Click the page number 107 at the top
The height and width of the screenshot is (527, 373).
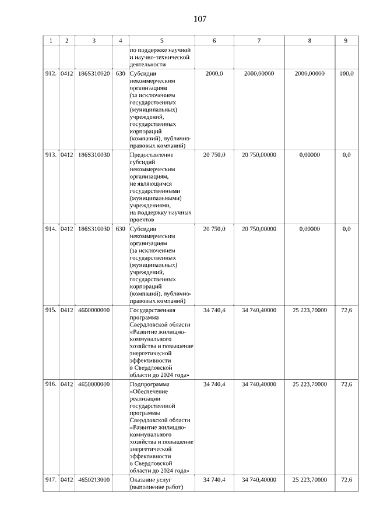tap(199, 19)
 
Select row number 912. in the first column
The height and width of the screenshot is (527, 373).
tap(51, 74)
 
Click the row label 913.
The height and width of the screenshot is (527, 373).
tap(51, 155)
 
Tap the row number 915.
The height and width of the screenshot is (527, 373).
tap(51, 310)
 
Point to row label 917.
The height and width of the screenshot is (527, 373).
tap(51, 480)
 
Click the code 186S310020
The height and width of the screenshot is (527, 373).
tap(93, 74)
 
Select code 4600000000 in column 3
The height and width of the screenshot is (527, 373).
tap(93, 310)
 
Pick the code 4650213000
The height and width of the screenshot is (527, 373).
tap(93, 480)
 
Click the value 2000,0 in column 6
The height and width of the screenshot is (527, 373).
tap(214, 74)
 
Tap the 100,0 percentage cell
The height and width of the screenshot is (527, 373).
tap(346, 74)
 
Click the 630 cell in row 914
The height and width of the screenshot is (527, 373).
tap(120, 229)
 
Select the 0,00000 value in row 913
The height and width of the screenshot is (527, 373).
tap(309, 155)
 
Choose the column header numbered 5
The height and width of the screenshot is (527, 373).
tap(161, 41)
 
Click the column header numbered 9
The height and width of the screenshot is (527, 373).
tap(346, 41)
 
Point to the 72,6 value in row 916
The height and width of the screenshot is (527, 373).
tap(346, 384)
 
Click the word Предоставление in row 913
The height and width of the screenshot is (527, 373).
tap(152, 155)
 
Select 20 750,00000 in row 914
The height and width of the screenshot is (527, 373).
tap(259, 229)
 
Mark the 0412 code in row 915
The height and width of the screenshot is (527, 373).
tap(66, 310)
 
